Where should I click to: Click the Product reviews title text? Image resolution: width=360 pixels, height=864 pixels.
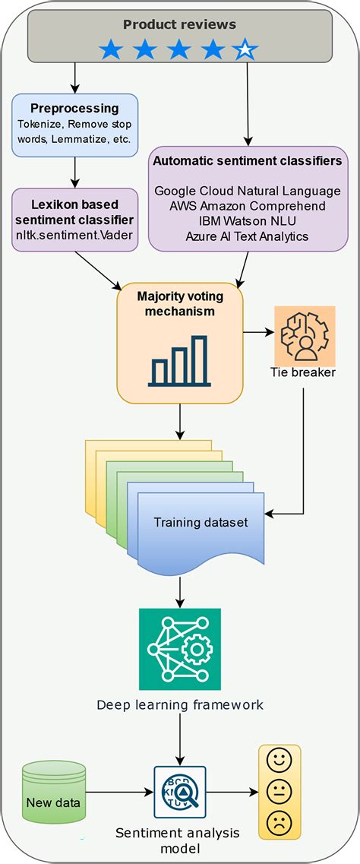(179, 24)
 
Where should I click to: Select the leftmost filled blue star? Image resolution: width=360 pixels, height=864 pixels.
(111, 50)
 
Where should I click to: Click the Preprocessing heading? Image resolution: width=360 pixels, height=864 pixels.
(74, 109)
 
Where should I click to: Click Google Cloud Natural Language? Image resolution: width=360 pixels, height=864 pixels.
(247, 191)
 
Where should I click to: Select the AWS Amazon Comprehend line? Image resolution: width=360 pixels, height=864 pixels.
(247, 206)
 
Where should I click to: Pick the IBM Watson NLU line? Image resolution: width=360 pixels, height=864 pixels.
(247, 221)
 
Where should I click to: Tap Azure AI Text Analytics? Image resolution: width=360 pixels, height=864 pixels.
(247, 236)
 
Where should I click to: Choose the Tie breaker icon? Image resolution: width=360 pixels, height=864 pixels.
(304, 335)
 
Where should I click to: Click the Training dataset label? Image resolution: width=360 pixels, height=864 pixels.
(201, 523)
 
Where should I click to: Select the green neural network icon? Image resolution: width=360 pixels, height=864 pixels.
(179, 649)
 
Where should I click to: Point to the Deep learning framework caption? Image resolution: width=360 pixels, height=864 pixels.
(179, 704)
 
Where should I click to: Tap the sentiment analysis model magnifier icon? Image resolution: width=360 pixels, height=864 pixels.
(179, 792)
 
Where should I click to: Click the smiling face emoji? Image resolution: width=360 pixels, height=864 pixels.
(279, 760)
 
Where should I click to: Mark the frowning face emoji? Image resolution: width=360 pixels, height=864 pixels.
(279, 822)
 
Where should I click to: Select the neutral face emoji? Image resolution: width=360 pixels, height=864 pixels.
(279, 791)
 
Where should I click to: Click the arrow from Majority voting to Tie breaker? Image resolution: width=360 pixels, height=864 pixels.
(258, 332)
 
